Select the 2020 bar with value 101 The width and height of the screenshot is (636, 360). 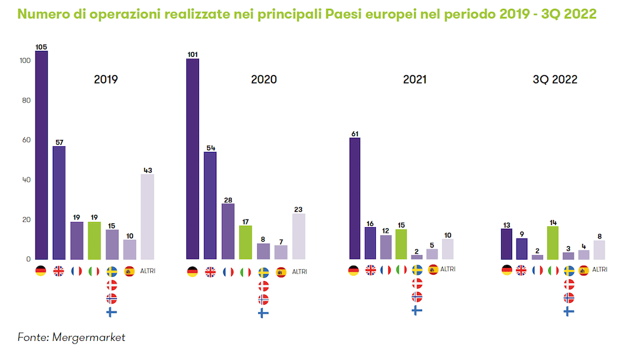[x=192, y=159]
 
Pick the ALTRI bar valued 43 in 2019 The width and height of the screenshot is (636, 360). [x=147, y=216]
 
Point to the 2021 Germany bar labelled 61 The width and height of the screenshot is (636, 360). [x=355, y=198]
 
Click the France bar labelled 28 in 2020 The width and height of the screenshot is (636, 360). [x=228, y=232]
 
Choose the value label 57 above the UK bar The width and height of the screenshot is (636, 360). [x=59, y=142]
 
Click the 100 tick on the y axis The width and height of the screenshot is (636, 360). [x=24, y=61]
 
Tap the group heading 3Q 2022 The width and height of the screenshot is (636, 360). [x=555, y=80]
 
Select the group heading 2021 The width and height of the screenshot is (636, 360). [x=415, y=80]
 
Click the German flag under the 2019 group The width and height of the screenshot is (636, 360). [x=41, y=271]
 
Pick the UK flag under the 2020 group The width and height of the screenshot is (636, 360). [x=210, y=272]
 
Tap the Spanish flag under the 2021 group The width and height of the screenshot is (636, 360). [x=433, y=269]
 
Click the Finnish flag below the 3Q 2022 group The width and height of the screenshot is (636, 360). [x=569, y=311]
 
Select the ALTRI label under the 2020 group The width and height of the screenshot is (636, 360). [x=299, y=272]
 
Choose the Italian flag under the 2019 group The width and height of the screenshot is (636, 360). [x=94, y=271]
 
